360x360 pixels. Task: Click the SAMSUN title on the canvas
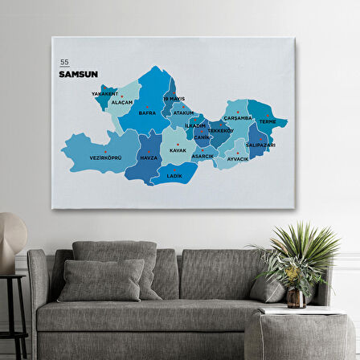click(78, 74)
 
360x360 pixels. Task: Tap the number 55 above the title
click(64, 62)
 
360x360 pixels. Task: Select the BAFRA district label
click(147, 113)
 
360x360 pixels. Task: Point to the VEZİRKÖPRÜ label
click(105, 157)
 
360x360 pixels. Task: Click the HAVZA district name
click(149, 157)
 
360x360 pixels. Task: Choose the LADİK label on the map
click(174, 174)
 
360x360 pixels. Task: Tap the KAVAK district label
click(178, 150)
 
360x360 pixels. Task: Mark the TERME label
click(268, 122)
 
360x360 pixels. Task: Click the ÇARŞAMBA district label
click(238, 117)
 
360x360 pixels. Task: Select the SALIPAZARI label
click(260, 145)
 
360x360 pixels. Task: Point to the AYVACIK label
click(238, 158)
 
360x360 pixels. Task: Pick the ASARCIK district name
click(203, 156)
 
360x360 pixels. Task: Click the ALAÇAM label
click(122, 102)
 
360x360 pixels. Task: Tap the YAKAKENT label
click(104, 93)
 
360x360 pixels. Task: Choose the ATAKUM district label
click(184, 112)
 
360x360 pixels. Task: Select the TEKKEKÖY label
click(220, 130)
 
